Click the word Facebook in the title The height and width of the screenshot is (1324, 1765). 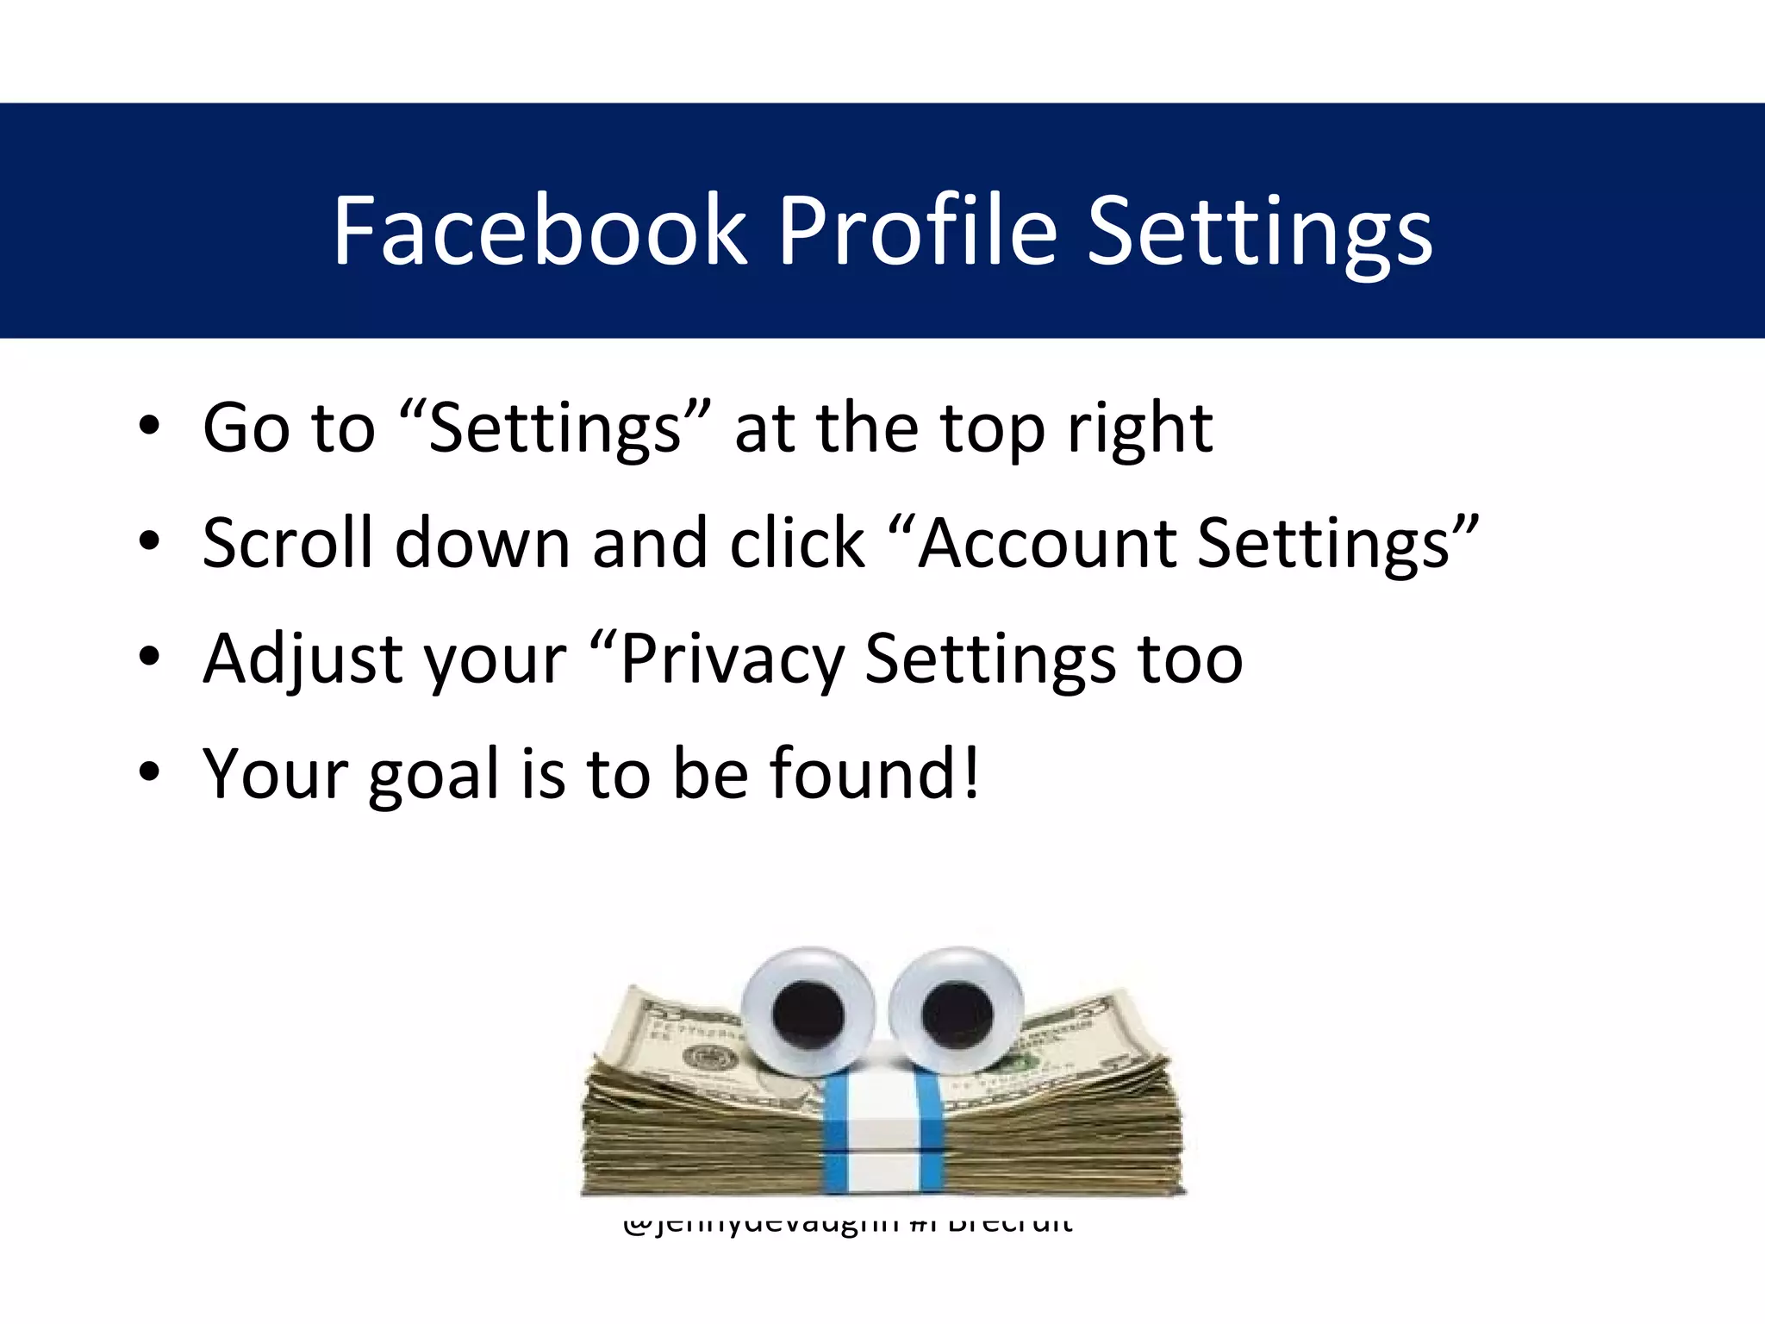(540, 230)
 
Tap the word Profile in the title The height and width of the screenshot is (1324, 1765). (917, 230)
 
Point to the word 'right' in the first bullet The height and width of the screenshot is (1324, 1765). (1139, 429)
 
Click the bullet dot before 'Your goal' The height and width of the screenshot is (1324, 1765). (149, 773)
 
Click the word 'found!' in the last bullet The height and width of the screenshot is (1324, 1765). (874, 773)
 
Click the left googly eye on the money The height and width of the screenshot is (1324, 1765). (808, 1011)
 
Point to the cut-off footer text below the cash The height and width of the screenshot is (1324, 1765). (847, 1224)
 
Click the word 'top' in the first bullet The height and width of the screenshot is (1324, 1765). (991, 429)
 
